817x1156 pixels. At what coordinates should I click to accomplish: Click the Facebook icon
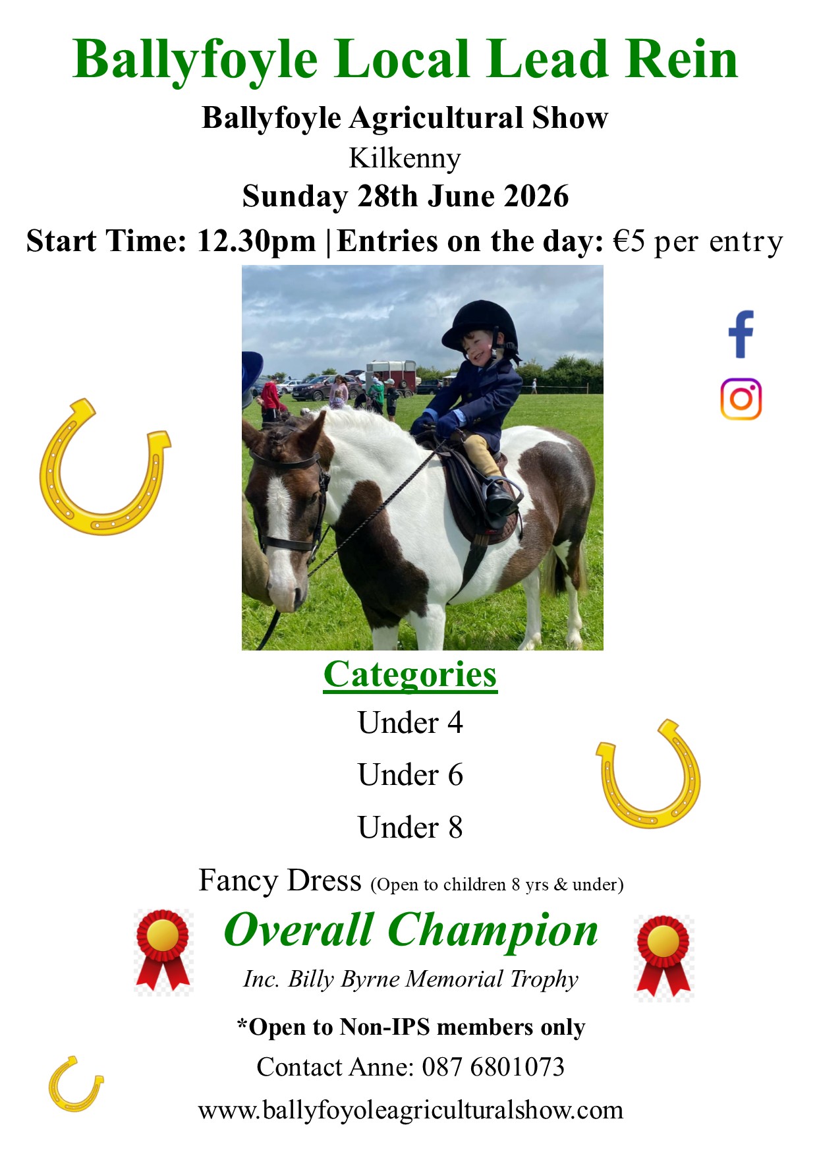coord(741,334)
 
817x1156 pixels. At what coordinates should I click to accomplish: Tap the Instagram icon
coord(741,399)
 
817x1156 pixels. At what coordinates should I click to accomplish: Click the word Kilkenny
coord(405,158)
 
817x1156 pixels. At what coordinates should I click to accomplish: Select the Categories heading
coord(410,675)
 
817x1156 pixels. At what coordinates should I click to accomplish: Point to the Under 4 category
coord(410,723)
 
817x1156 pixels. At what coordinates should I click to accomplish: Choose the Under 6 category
coord(410,775)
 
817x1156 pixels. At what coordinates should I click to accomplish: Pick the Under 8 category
coord(410,828)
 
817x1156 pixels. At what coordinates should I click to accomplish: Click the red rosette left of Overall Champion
coord(163,951)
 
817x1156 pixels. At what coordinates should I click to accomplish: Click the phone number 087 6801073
coord(493,1067)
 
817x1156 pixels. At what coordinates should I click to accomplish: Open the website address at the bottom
coord(410,1111)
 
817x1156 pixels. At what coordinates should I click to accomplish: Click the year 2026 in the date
coord(536,196)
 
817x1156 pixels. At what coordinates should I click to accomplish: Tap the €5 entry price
coord(629,242)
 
